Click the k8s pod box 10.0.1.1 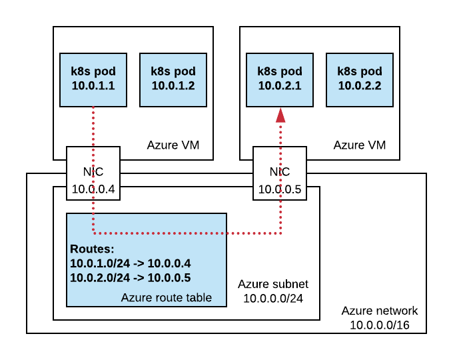tap(93, 79)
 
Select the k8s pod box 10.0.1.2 tap(173, 79)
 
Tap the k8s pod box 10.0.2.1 tap(280, 79)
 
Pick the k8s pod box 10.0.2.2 tap(360, 79)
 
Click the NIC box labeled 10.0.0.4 tap(93, 173)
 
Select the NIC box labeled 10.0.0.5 tap(280, 173)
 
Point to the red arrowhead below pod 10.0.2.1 tap(280, 115)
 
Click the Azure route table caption tap(167, 297)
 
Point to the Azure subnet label tap(273, 284)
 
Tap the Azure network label tap(380, 311)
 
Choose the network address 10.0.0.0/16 tap(380, 325)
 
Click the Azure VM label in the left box tap(173, 145)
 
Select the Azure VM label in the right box tap(359, 145)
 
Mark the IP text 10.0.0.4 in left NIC tap(93, 189)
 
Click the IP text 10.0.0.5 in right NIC tap(280, 189)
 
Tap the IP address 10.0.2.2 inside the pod tap(360, 85)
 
